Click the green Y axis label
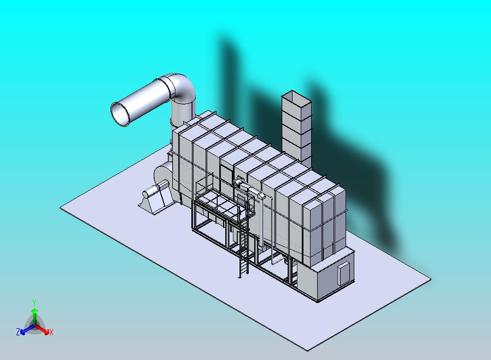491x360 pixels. [34, 303]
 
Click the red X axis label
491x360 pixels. [51, 332]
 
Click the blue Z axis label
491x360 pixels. [18, 332]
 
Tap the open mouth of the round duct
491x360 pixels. [120, 114]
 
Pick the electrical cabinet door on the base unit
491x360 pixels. [343, 274]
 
